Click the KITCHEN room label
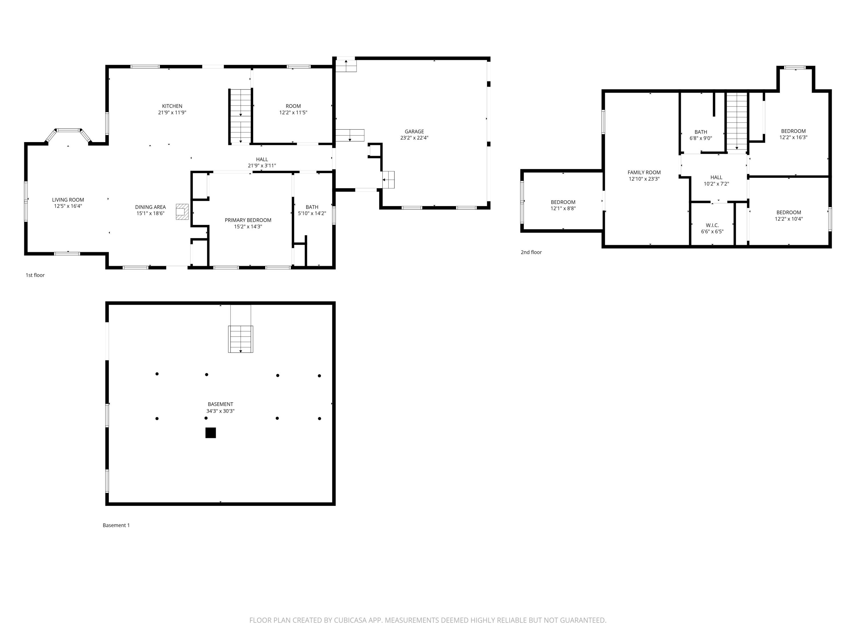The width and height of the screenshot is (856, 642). [172, 106]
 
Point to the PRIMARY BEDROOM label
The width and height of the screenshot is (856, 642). [248, 220]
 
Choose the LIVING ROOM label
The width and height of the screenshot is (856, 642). [68, 200]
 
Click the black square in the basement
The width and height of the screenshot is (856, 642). [211, 433]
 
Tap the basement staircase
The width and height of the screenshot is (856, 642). [241, 339]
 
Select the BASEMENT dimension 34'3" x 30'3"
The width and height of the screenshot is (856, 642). [220, 411]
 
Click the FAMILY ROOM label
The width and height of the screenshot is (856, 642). [644, 173]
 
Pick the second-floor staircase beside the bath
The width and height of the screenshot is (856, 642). [736, 122]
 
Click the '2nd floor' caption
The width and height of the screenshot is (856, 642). [531, 252]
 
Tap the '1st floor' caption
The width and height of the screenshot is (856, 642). [35, 275]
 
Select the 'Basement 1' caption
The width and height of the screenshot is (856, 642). [116, 525]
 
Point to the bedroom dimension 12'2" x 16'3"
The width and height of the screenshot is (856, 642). [793, 137]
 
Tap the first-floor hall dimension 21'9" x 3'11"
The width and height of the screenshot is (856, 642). [262, 165]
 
